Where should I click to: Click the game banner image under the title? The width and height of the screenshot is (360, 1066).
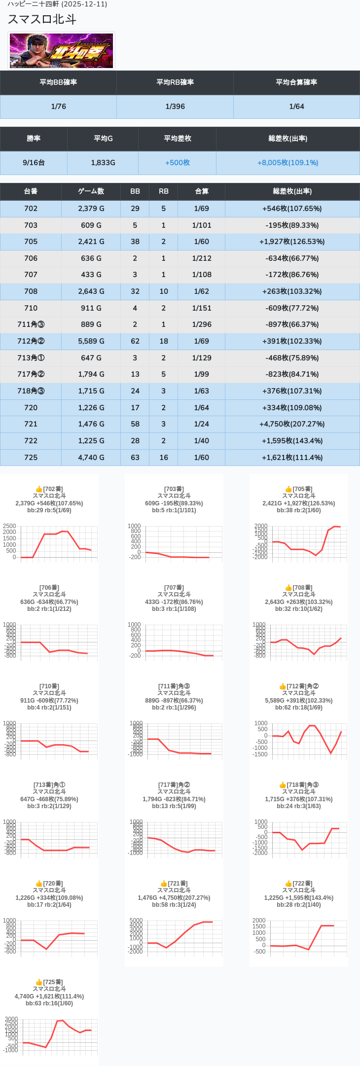click(62, 50)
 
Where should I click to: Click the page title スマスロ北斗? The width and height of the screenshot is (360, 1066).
click(42, 19)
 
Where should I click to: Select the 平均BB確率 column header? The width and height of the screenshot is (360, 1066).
click(58, 82)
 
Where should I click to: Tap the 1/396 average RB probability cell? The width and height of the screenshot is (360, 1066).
click(175, 107)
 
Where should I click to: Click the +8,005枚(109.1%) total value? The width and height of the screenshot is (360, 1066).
click(288, 163)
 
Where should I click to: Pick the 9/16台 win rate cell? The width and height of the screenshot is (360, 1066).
click(34, 163)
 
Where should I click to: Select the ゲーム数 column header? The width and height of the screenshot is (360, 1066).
click(91, 191)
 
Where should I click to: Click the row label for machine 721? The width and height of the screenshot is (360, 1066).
click(31, 424)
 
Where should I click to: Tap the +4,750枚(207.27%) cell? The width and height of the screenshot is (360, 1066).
click(292, 424)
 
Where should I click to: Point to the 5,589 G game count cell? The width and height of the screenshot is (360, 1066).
click(91, 341)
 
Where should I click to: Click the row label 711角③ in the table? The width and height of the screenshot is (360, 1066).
click(31, 324)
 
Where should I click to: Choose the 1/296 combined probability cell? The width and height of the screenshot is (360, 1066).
click(201, 324)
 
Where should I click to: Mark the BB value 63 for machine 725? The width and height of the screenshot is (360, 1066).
click(135, 458)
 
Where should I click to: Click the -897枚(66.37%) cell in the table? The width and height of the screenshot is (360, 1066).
click(292, 324)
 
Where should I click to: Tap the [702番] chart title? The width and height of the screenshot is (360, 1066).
click(53, 489)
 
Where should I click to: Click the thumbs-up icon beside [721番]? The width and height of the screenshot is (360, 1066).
click(164, 884)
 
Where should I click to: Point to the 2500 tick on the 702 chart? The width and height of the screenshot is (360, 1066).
click(9, 526)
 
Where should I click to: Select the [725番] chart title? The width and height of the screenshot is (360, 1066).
click(53, 982)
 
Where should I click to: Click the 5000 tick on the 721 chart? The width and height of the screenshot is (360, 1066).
click(136, 921)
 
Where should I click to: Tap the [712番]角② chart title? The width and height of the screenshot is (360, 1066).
click(302, 686)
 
